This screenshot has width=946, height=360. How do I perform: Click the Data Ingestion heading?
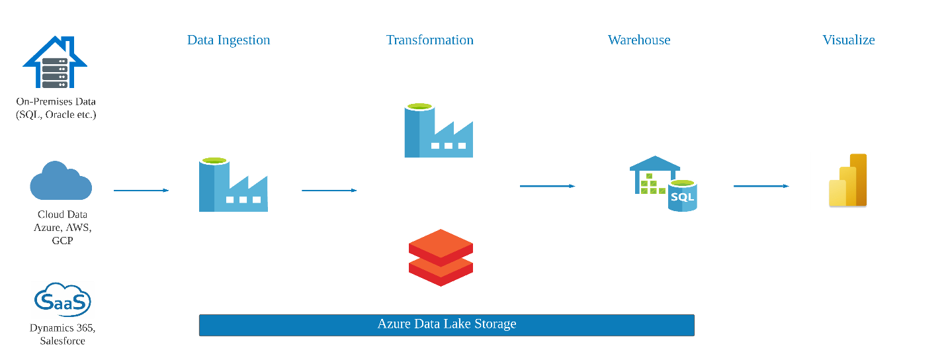coord(228,40)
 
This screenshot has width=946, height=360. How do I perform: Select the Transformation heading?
coord(429,40)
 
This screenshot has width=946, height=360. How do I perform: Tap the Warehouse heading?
coord(639,40)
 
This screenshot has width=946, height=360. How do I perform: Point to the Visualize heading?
coord(849,40)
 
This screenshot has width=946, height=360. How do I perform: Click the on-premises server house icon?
coord(55,62)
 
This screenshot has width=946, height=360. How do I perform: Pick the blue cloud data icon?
coord(61,181)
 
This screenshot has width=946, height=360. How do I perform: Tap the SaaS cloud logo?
coord(62,300)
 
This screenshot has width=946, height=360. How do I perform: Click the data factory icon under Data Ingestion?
coord(233,185)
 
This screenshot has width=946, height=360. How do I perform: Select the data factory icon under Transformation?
coord(439,130)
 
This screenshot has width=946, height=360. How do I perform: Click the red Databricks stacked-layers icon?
coord(441,257)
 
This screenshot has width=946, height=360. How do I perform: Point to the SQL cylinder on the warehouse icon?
coord(683,196)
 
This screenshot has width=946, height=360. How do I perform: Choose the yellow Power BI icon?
coord(847,181)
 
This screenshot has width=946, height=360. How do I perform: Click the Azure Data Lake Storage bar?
coord(447,325)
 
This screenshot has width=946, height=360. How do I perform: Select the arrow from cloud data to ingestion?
coord(141,191)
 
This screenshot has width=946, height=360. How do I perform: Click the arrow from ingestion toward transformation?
coord(329,191)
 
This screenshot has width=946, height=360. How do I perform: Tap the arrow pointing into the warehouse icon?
coord(547,186)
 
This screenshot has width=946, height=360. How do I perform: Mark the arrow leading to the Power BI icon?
coord(761,186)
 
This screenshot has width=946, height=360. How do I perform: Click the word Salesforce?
coord(62,341)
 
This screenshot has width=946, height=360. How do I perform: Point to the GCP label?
coord(62,240)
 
